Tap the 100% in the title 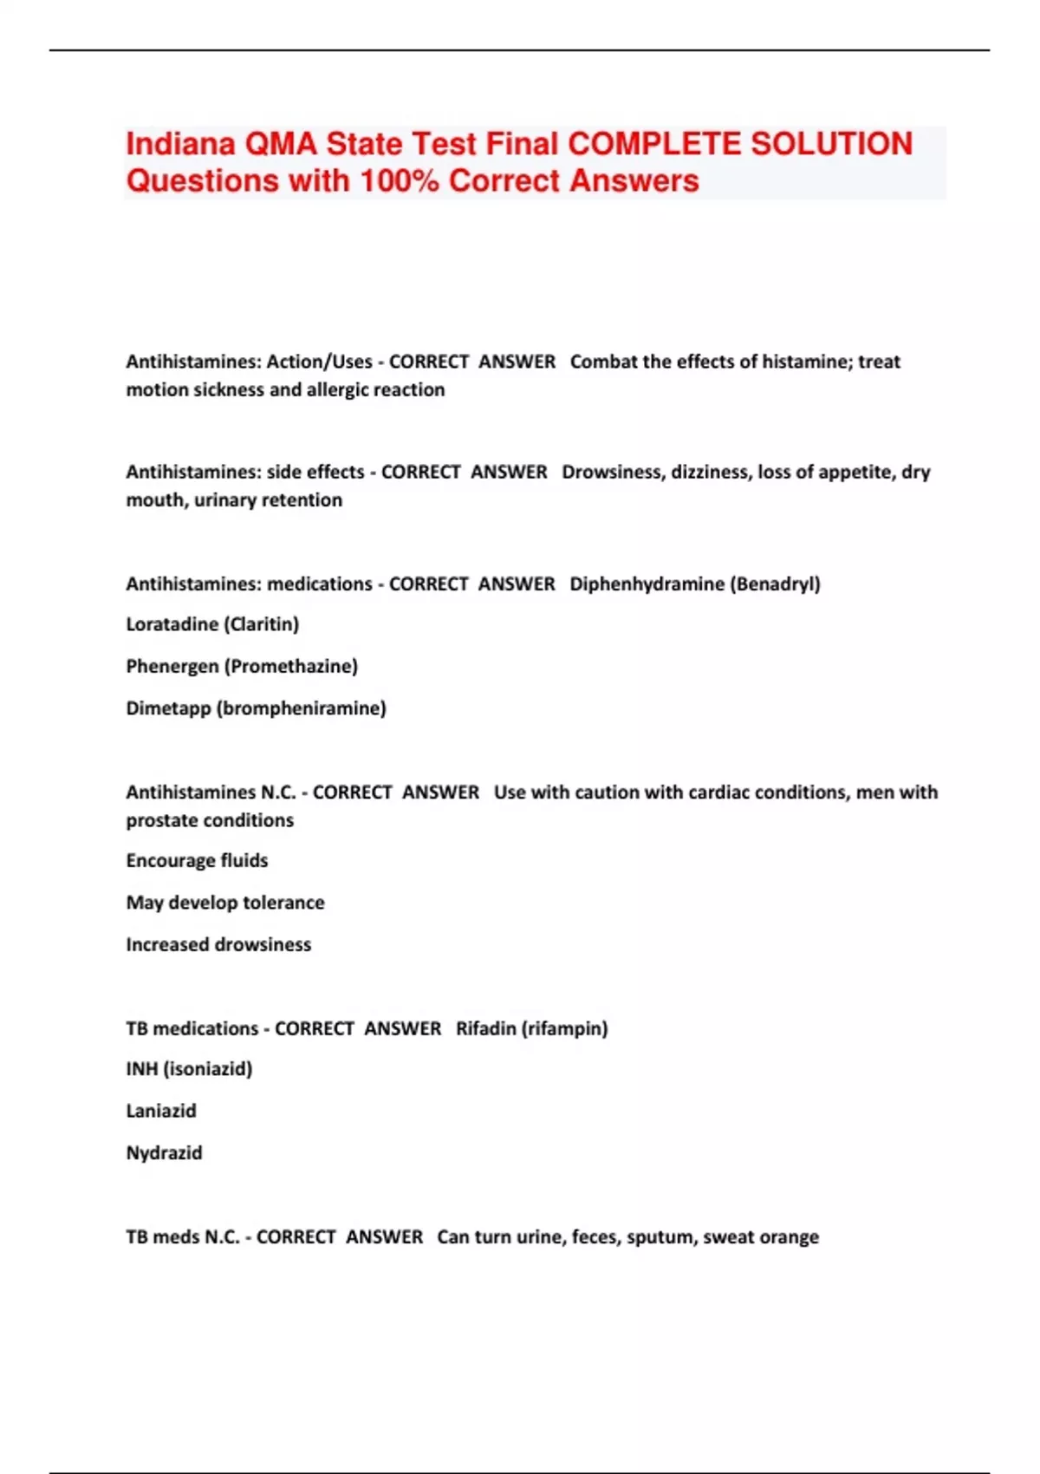[400, 181]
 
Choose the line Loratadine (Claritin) [212, 624]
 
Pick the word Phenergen [172, 667]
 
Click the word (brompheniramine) [302, 708]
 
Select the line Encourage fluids [197, 861]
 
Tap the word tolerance [283, 903]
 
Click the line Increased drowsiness [218, 945]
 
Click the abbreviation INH [142, 1069]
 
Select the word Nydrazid [164, 1153]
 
